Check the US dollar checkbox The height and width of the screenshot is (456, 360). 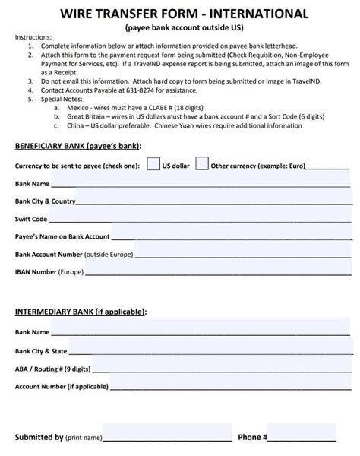[153, 163]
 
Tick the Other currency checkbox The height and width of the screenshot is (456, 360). [202, 163]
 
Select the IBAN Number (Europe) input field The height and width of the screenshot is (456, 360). [213, 269]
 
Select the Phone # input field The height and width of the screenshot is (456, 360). [302, 437]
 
